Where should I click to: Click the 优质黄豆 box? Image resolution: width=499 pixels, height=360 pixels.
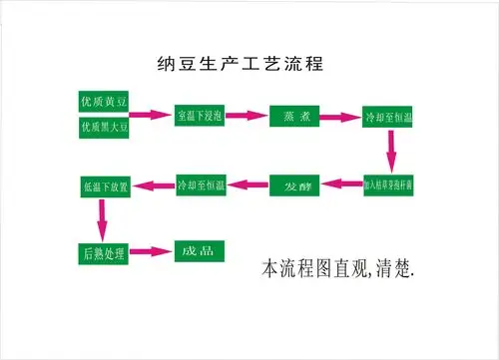click(106, 102)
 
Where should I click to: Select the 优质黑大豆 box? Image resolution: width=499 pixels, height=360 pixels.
click(106, 128)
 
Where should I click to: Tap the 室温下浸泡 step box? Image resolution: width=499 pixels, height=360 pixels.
click(200, 116)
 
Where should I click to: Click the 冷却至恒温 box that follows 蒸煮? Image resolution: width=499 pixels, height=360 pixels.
click(388, 116)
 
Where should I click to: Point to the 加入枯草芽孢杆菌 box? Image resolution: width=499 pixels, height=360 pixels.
click(388, 185)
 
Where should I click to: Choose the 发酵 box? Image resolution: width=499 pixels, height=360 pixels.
click(293, 185)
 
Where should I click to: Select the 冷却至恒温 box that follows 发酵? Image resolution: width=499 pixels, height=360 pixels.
click(200, 185)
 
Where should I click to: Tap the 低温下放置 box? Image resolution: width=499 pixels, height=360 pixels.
click(106, 185)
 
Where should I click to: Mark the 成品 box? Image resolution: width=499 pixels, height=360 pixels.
click(200, 251)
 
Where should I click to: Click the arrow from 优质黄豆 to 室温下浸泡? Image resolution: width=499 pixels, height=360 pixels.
click(152, 116)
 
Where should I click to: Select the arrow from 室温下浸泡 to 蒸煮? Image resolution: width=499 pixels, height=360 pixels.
click(246, 116)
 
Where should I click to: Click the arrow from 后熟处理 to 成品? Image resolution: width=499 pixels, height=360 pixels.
click(152, 251)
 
